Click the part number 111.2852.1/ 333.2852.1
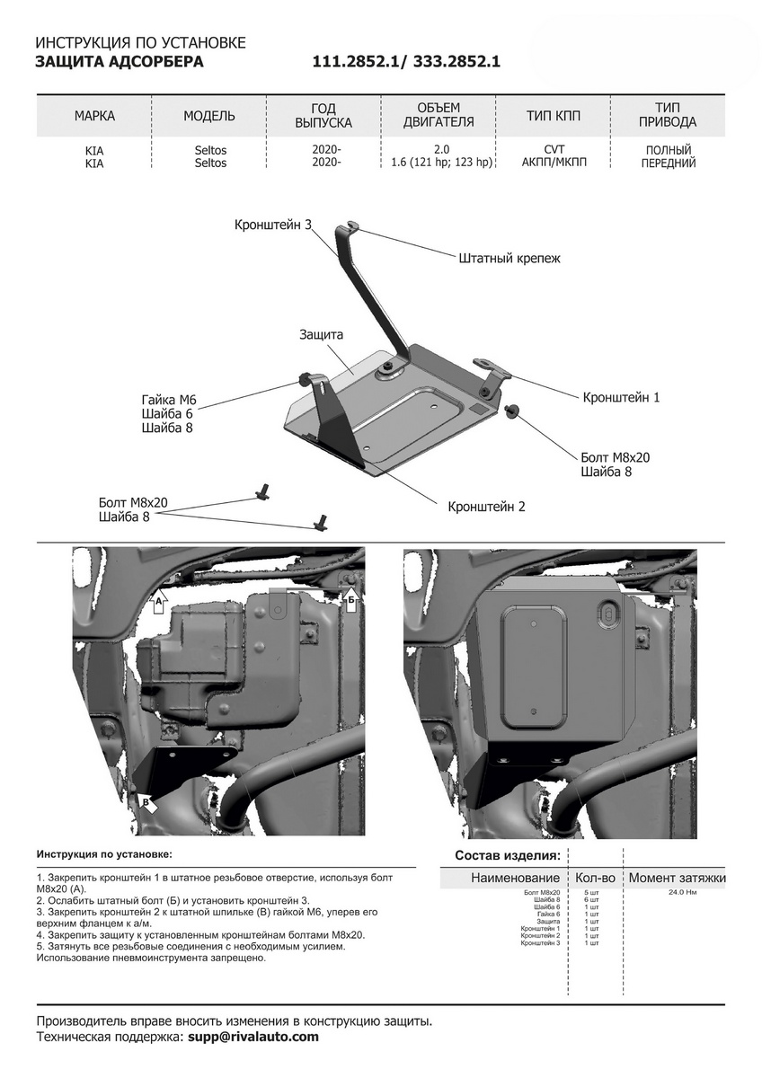click(x=405, y=62)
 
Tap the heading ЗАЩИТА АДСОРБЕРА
click(x=119, y=62)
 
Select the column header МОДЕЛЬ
click(x=209, y=116)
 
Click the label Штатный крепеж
click(x=509, y=258)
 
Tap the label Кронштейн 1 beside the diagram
click(x=621, y=396)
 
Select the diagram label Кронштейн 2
click(x=486, y=507)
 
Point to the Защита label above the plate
click(x=321, y=334)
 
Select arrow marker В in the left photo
click(x=146, y=801)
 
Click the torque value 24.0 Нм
click(x=683, y=892)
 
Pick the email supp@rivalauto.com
click(x=253, y=1037)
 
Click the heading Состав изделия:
click(x=508, y=855)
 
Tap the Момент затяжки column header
click(x=677, y=877)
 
